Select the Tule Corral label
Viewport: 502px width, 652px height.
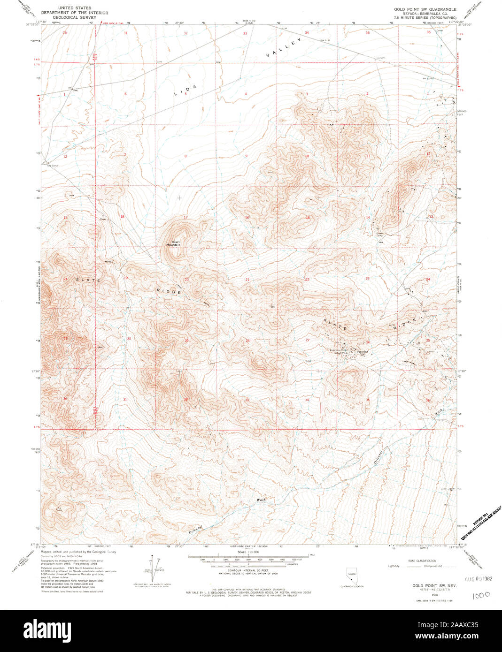pos(52,165)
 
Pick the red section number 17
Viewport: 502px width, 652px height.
pos(185,217)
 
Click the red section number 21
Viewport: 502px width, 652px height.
pos(247,280)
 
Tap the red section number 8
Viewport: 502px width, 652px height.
pos(185,156)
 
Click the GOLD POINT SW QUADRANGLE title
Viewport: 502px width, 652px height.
pos(425,9)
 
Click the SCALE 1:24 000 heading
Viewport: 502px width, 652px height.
pos(246,552)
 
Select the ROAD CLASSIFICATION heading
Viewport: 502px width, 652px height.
pos(422,561)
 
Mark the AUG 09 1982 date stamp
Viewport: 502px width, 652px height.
pos(478,579)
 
